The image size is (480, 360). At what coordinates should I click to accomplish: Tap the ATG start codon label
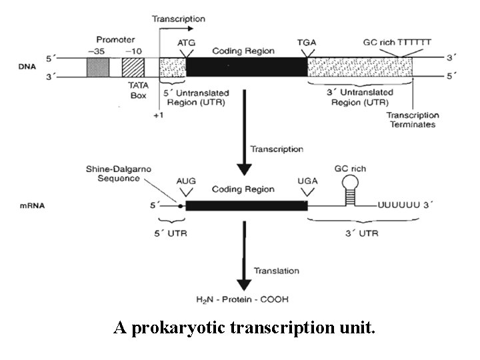pyautogui.click(x=187, y=43)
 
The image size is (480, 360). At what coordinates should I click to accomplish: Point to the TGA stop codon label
pyautogui.click(x=307, y=43)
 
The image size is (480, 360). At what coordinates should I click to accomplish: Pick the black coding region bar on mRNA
pyautogui.click(x=246, y=205)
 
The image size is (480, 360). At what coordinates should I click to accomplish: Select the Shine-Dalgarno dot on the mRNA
pyautogui.click(x=179, y=205)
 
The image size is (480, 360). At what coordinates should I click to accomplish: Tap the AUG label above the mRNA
pyautogui.click(x=186, y=181)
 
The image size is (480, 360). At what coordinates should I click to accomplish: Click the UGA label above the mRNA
pyautogui.click(x=306, y=181)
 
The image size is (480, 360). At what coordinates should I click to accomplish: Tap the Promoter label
pyautogui.click(x=115, y=40)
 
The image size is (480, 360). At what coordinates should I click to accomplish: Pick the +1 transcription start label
pyautogui.click(x=159, y=115)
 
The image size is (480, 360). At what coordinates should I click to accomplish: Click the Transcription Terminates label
pyautogui.click(x=411, y=120)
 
